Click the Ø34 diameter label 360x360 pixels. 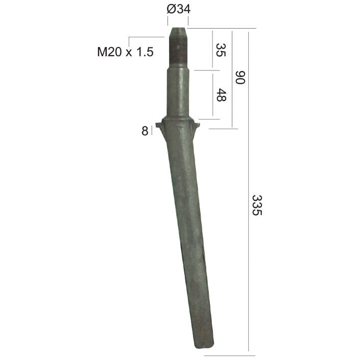pyautogui.click(x=178, y=9)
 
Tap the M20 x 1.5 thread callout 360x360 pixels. pyautogui.click(x=125, y=52)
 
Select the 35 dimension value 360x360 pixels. pyautogui.click(x=221, y=50)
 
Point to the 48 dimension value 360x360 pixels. pyautogui.click(x=221, y=95)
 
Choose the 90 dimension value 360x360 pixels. pyautogui.click(x=240, y=78)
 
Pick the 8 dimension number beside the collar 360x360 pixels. pyautogui.click(x=145, y=131)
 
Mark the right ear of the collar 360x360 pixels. pyautogui.click(x=196, y=125)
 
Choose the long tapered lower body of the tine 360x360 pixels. pyautogui.click(x=187, y=230)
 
